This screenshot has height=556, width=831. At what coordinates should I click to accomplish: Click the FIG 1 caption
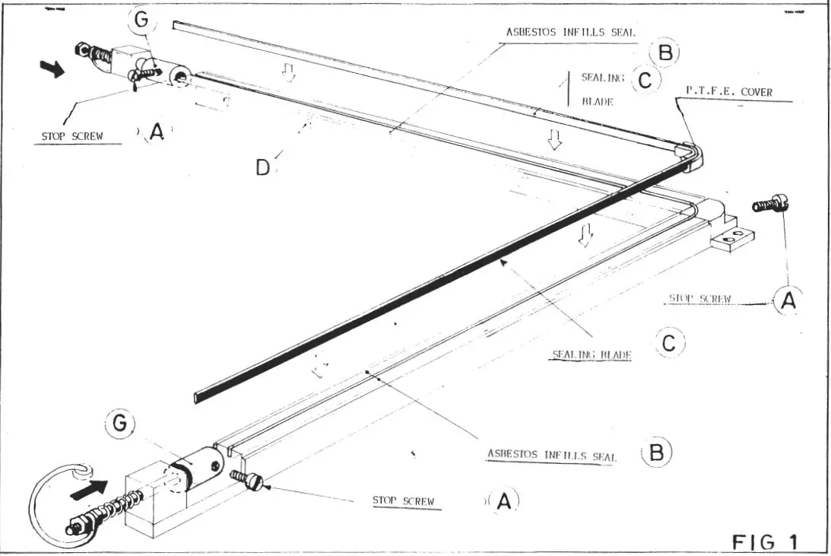[765, 542]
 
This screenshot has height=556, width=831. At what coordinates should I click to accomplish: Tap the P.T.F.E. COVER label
[728, 92]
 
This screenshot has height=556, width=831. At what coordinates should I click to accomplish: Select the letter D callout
[262, 167]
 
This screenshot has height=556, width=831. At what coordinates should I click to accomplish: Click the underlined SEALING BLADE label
[592, 354]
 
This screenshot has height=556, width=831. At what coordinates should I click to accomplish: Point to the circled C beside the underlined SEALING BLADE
[669, 344]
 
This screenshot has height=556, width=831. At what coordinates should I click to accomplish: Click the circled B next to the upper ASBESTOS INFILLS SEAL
[664, 52]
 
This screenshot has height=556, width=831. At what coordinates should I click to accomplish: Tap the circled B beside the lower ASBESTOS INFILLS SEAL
[657, 453]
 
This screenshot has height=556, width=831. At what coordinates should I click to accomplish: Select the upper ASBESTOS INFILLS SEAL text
[570, 33]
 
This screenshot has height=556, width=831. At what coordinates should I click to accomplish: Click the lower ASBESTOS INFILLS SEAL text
[551, 455]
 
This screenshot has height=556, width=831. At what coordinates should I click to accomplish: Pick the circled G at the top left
[141, 20]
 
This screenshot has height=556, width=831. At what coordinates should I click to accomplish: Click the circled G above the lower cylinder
[118, 424]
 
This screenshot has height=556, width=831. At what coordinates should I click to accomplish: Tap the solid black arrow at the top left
[52, 69]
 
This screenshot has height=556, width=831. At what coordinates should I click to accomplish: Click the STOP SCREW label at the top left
[71, 137]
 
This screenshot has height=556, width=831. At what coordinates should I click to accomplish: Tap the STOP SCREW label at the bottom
[402, 501]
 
